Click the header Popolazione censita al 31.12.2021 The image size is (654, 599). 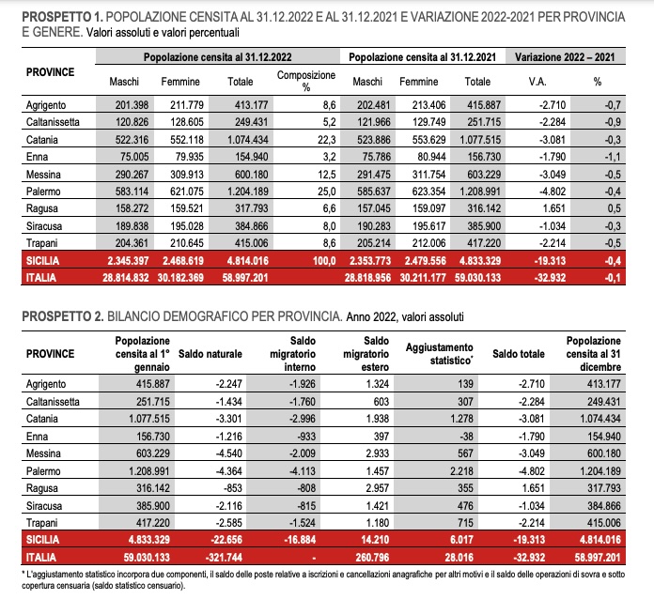424,58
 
